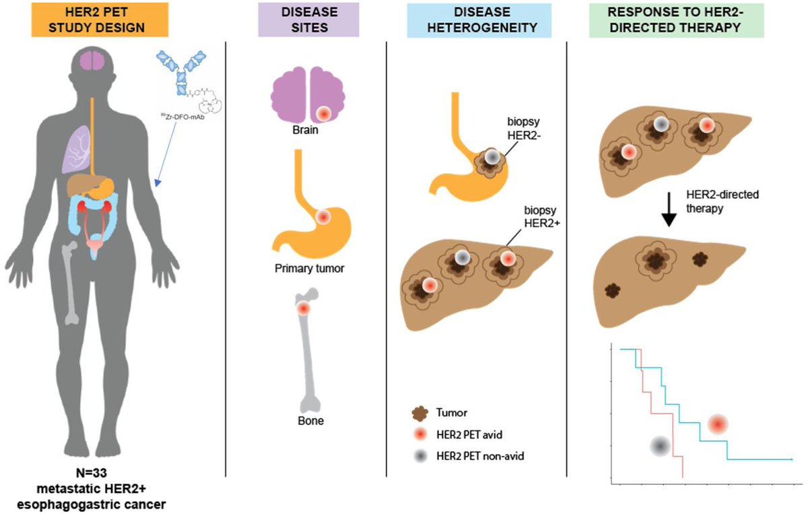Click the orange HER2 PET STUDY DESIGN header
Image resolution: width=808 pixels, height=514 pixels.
coord(100,20)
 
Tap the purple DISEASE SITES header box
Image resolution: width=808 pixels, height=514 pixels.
coord(309,20)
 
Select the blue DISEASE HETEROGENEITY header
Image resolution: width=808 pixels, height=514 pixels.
coord(479,20)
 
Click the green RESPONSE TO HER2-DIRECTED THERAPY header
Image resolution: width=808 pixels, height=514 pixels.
coord(676,20)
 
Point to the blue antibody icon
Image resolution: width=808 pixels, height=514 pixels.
coord(181,72)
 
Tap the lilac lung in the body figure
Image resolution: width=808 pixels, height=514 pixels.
coord(77,150)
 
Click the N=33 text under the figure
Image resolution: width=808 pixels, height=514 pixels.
coord(92,472)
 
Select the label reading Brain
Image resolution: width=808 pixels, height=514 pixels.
coord(305,130)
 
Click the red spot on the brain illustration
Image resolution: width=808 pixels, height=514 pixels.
coord(324,114)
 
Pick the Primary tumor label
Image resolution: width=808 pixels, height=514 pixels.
coord(309,269)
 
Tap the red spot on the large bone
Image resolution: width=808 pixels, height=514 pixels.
coord(304,309)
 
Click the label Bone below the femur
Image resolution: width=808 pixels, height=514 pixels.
coord(310,421)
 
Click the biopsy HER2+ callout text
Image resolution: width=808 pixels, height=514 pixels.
coord(542,216)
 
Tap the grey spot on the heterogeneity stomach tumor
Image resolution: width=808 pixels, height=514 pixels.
coord(492,157)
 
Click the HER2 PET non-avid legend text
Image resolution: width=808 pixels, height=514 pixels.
coord(480,456)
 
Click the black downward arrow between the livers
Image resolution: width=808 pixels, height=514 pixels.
coord(669,210)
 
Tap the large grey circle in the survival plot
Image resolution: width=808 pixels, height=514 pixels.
coord(660,447)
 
